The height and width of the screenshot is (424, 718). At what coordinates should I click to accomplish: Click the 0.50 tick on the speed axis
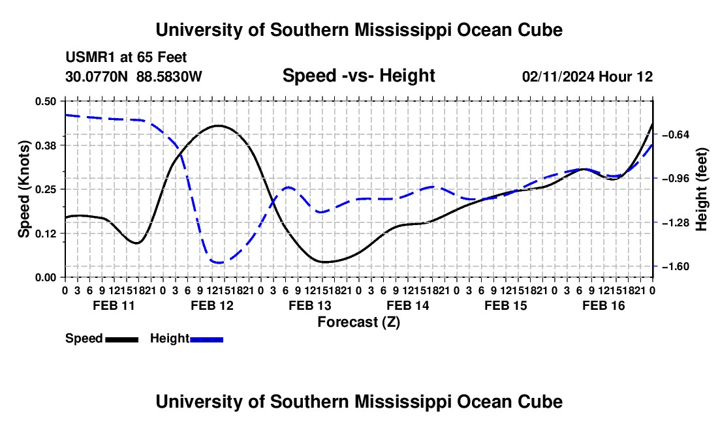(x=45, y=101)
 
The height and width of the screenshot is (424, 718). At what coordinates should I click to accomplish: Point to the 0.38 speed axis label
(x=45, y=145)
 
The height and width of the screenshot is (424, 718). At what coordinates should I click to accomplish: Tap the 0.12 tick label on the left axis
(x=45, y=234)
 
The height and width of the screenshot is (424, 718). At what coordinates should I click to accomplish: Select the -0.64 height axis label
(x=676, y=134)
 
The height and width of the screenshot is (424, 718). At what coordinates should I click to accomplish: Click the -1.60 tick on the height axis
(x=676, y=267)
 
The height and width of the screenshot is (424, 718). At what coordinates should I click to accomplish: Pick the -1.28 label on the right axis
(x=676, y=222)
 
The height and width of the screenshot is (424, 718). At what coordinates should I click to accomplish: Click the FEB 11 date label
(x=114, y=305)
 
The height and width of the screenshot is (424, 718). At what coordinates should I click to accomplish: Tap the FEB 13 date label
(x=310, y=305)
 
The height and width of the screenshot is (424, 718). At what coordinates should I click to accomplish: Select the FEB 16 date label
(x=604, y=305)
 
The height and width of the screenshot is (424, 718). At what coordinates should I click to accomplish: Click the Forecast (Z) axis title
(x=359, y=322)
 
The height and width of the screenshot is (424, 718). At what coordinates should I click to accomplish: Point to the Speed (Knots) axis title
(x=23, y=189)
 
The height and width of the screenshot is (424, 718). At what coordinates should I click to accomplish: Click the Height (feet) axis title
(x=701, y=189)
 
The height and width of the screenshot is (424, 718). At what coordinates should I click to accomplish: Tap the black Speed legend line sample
(x=122, y=339)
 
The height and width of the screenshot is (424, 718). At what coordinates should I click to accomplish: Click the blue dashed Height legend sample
(x=206, y=339)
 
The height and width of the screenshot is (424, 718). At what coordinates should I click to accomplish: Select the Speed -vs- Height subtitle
(x=359, y=76)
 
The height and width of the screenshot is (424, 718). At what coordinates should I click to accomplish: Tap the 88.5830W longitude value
(x=169, y=76)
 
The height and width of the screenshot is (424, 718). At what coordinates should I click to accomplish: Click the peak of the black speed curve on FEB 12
(x=219, y=125)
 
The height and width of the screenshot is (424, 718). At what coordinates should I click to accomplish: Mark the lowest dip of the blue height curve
(x=219, y=262)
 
